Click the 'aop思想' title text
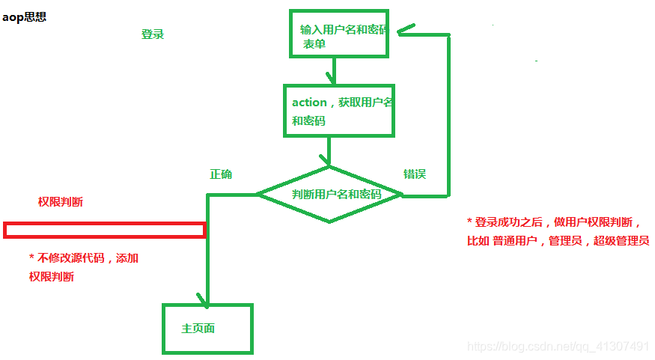(x=25, y=16)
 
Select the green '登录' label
(x=153, y=34)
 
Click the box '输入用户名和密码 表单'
(x=338, y=33)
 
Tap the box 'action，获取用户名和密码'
(x=338, y=110)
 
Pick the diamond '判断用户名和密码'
(x=329, y=195)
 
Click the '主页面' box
(x=207, y=329)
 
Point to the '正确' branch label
(x=221, y=174)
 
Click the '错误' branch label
(x=415, y=174)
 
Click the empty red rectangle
(x=104, y=230)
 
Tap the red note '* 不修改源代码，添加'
(x=84, y=258)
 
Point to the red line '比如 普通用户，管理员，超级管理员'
(x=558, y=241)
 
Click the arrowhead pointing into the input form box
(x=405, y=31)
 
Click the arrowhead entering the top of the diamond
(x=326, y=160)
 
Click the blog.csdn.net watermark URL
(x=558, y=347)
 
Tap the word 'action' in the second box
(x=309, y=103)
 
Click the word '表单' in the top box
(x=314, y=44)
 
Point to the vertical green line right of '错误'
(x=449, y=112)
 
